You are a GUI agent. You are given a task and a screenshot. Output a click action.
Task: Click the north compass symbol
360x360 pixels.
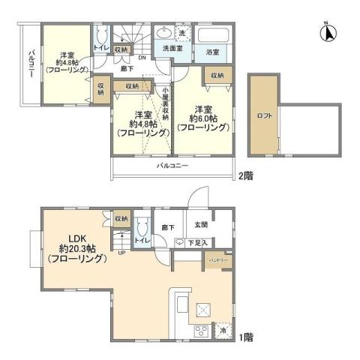point(327,33)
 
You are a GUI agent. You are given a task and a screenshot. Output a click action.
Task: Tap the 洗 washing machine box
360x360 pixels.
point(181,33)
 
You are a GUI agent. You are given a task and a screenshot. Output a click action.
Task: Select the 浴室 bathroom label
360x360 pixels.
point(212,52)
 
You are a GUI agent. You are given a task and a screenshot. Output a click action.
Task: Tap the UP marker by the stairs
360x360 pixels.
point(122,253)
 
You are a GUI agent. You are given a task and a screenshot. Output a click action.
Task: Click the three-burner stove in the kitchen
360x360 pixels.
point(202,330)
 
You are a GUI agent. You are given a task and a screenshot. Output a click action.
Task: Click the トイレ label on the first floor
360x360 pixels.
point(140,241)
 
